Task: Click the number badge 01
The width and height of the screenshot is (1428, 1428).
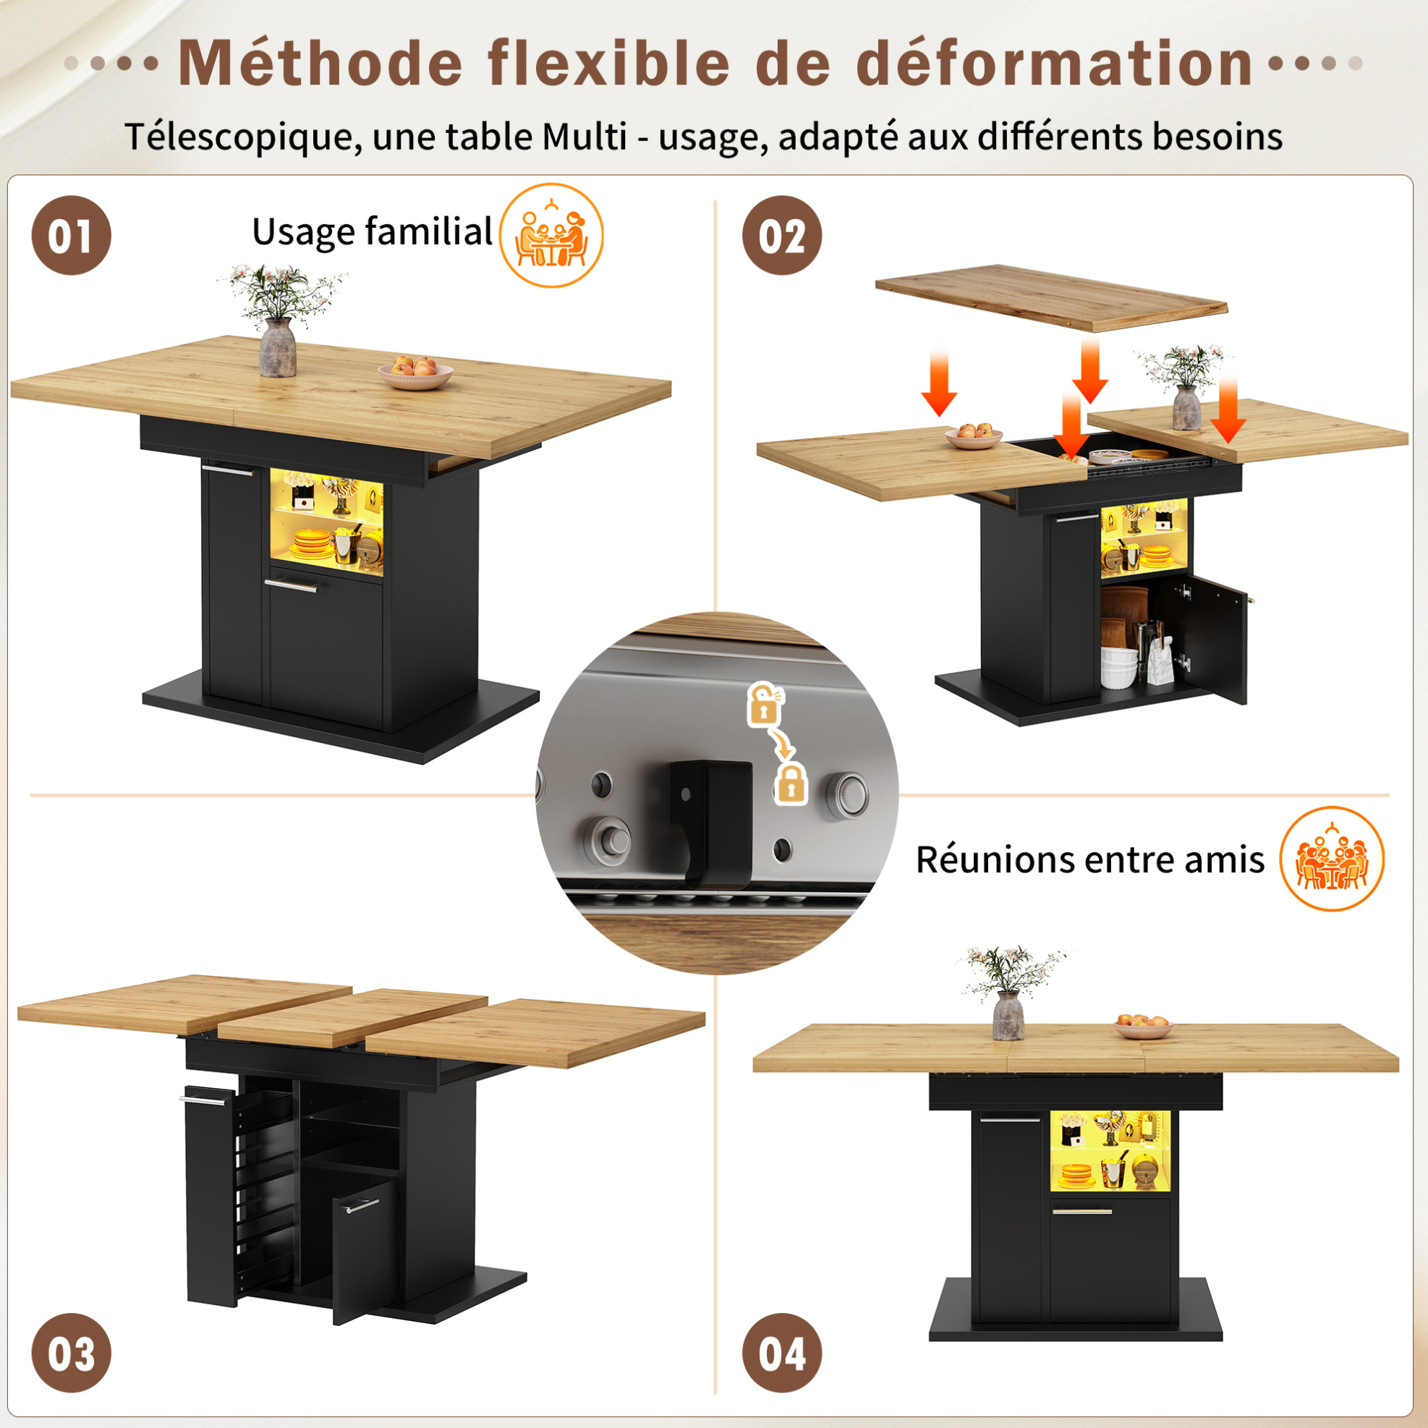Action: point(71,235)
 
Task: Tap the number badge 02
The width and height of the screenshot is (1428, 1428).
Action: point(782,235)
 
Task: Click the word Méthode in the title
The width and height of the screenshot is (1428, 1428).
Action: point(320,64)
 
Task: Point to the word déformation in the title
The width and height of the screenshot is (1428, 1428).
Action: point(1055,64)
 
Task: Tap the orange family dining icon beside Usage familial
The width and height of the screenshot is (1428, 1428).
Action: point(551,235)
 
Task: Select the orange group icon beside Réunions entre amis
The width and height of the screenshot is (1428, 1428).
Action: point(1332,858)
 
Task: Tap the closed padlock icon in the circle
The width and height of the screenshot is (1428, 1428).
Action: point(791,784)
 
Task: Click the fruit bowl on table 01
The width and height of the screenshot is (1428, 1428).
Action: point(415,373)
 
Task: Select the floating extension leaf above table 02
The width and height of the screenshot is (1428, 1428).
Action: point(1051,297)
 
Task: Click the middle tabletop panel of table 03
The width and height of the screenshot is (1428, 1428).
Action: point(353,1017)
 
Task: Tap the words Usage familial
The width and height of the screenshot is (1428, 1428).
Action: point(372,232)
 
